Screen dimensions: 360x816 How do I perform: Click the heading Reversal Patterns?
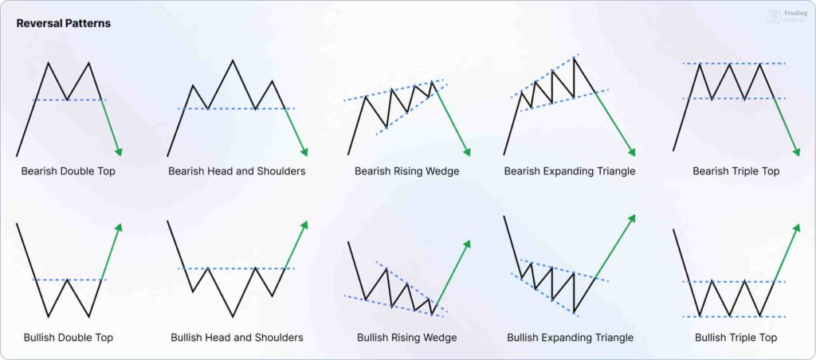64,23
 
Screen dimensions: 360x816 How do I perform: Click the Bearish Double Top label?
68,171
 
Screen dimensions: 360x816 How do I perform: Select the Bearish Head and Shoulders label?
237,171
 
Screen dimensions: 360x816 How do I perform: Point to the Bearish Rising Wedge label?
406,171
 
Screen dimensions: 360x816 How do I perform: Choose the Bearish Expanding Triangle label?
570,171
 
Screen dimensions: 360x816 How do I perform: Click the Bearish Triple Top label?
736,171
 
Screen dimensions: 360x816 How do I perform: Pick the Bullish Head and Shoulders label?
237,338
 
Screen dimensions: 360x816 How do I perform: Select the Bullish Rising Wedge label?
406,338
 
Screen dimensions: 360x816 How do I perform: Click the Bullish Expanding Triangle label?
570,338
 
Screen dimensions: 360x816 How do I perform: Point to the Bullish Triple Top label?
736,338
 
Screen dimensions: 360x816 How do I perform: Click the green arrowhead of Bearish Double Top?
120,152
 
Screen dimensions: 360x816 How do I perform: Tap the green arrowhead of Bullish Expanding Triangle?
634,217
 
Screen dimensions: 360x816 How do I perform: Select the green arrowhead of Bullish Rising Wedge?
468,244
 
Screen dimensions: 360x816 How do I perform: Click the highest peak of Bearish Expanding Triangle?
575,57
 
